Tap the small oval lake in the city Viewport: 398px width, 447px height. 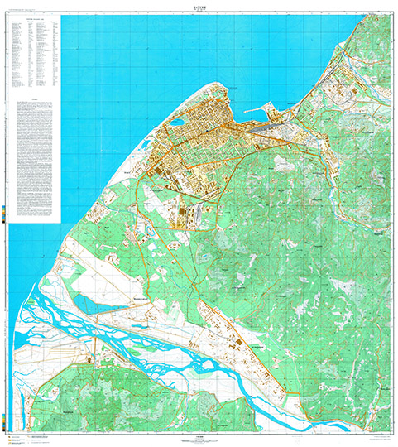tap(176, 123)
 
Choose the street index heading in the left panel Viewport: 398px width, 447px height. tap(33, 19)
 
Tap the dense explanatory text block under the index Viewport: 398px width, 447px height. tap(33, 157)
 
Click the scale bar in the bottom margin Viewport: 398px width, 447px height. tap(199, 438)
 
